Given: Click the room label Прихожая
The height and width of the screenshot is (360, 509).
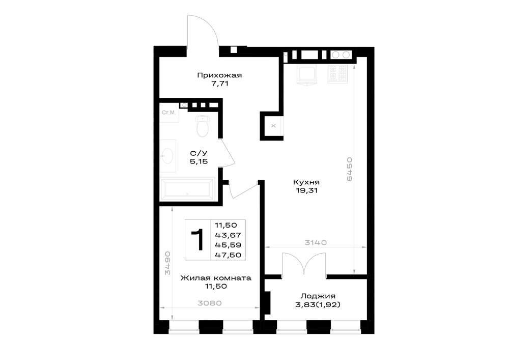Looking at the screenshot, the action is (x=219, y=75).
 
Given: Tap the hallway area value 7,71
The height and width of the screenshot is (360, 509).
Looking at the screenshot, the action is (x=220, y=84).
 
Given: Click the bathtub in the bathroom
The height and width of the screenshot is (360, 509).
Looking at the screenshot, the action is (x=188, y=189).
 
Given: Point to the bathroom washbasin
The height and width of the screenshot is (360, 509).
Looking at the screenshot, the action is (x=168, y=156).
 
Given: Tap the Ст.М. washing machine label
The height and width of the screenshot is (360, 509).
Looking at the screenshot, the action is (x=168, y=113).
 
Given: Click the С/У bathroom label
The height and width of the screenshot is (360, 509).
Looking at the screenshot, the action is (x=199, y=153).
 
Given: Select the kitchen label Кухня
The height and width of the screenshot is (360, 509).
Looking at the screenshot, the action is (x=306, y=182).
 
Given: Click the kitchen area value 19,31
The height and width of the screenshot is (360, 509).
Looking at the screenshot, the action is (x=306, y=190).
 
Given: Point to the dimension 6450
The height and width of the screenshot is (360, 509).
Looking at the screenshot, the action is (x=349, y=169).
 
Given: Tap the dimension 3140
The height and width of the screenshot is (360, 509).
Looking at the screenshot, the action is (x=316, y=242).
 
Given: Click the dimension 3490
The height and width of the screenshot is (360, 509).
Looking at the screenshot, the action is (x=167, y=263).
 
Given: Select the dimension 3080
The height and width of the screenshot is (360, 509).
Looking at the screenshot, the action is (x=210, y=303).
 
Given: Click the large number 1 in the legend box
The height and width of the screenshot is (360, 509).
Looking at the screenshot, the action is (x=197, y=240).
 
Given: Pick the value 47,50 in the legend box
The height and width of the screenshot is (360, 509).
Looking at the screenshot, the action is (x=228, y=255).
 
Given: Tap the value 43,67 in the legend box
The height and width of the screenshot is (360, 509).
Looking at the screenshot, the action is (x=228, y=235).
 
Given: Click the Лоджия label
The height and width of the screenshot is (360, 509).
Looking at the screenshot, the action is (x=318, y=296).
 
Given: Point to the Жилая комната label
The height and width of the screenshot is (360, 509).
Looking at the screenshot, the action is (x=216, y=278).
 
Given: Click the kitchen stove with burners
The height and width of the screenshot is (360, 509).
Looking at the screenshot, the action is (x=337, y=74).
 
